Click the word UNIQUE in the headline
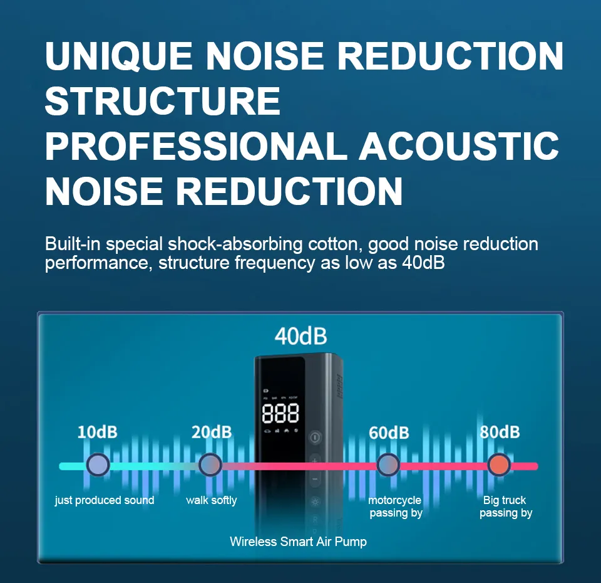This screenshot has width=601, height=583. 119,56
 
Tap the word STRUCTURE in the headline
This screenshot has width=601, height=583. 163,100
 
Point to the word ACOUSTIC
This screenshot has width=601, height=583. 459,146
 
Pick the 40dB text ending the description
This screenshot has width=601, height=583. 424,263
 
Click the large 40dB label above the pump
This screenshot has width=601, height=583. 301,336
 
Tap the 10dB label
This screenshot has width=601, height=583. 98,432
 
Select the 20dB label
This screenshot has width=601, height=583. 212,432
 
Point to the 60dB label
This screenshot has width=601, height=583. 389,433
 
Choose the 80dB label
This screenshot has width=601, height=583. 500,432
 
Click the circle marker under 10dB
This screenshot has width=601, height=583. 98,465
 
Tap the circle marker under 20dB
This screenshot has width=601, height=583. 210,465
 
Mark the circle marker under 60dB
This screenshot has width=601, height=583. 388,465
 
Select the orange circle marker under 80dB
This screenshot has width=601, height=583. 499,465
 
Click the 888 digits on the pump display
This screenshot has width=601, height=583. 280,413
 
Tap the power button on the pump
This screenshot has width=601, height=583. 315,437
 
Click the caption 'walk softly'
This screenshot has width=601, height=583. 212,500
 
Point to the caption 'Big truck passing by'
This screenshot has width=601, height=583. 506,507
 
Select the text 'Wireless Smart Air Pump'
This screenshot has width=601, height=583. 298,542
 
